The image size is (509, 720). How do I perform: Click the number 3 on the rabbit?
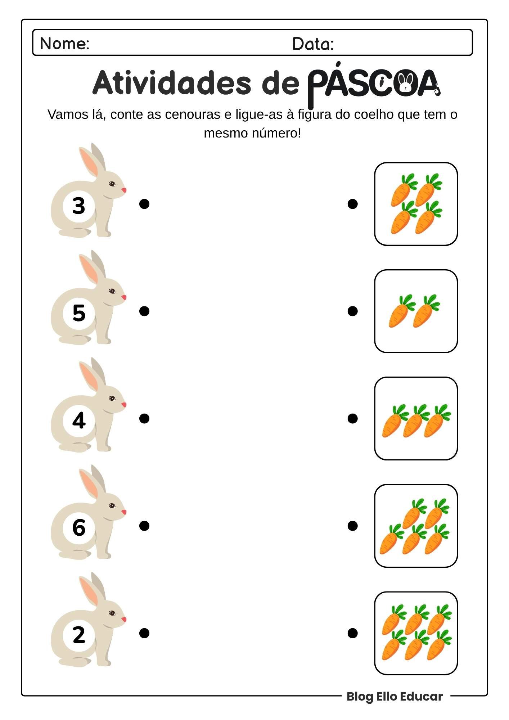(x=79, y=206)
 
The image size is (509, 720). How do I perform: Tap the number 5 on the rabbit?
(x=79, y=313)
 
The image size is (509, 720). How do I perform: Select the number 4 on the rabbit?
(x=79, y=420)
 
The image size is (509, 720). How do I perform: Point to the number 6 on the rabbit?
(x=79, y=528)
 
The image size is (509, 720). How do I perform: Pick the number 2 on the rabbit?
(x=79, y=635)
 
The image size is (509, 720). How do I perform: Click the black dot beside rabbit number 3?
(x=144, y=204)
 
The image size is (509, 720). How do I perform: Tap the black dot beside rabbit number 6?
(x=144, y=526)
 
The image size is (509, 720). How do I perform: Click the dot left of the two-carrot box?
(x=353, y=311)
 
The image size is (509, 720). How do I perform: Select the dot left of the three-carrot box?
(x=353, y=418)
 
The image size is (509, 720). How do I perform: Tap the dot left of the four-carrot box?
(x=353, y=204)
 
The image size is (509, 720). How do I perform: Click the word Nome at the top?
(x=64, y=44)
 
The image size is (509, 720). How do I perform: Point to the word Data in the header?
(x=313, y=44)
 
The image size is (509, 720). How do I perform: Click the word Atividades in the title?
(x=171, y=82)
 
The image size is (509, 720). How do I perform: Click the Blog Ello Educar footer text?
(x=395, y=696)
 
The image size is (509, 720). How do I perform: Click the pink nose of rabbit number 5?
(x=124, y=297)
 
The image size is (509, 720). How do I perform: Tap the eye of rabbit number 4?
(x=112, y=399)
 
